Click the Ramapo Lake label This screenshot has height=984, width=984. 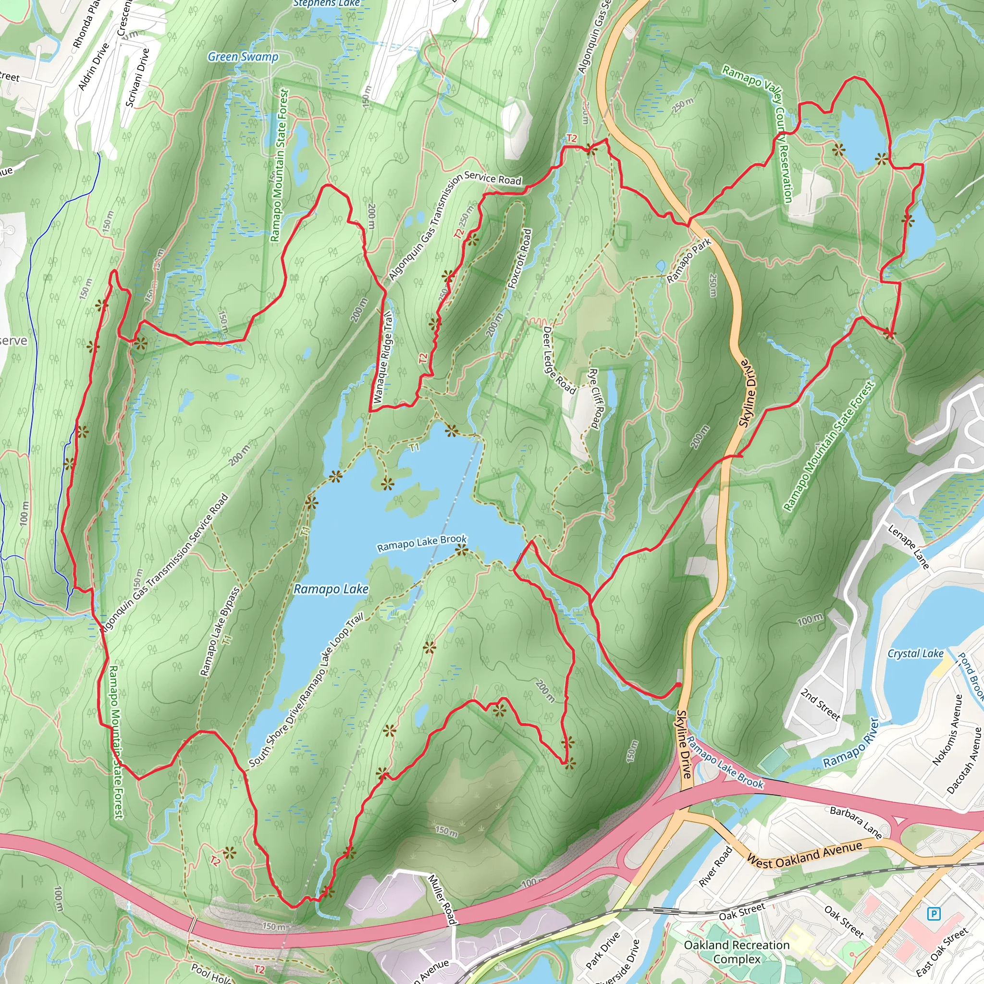click(331, 589)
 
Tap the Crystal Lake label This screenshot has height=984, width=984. click(915, 653)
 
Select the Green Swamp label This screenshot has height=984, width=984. click(243, 57)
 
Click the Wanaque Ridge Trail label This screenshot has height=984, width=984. click(383, 357)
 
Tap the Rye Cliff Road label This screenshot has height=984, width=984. click(595, 398)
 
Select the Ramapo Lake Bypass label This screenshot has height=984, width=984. click(220, 631)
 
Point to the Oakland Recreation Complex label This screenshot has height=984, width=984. click(737, 952)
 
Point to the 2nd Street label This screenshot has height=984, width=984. click(821, 705)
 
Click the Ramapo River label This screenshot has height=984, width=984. click(851, 743)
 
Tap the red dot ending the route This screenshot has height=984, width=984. click(678, 685)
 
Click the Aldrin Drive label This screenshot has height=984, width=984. click(94, 67)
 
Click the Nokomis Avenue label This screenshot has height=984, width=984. click(947, 730)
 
